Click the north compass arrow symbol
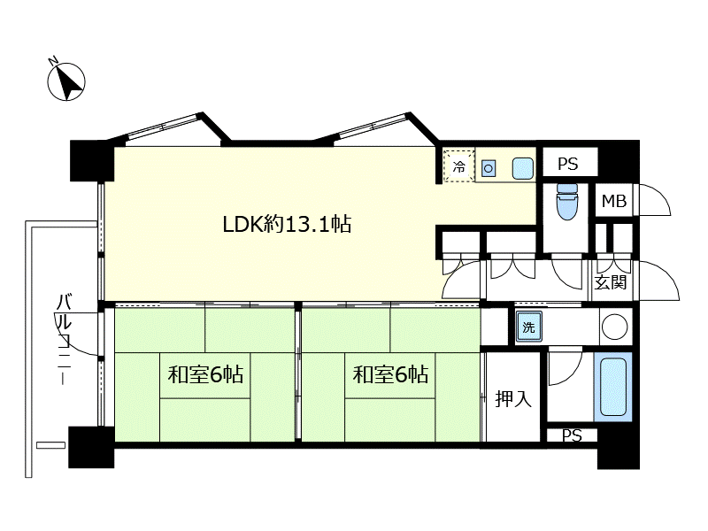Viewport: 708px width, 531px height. tap(66, 81)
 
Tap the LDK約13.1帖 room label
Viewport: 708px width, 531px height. tap(287, 224)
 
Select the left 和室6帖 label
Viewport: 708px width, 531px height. tap(205, 374)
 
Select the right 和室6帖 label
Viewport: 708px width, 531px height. tap(390, 374)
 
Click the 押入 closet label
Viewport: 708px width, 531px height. tap(513, 399)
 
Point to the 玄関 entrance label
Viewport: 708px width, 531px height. tap(611, 282)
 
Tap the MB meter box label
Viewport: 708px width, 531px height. tap(614, 201)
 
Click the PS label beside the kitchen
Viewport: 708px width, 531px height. tap(568, 164)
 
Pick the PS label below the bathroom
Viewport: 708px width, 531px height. tap(572, 435)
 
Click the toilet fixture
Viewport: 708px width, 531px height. tap(567, 202)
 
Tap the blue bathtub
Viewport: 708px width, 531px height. tap(612, 387)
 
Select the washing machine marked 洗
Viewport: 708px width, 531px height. tap(528, 327)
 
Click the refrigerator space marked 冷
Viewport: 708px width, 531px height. tap(458, 166)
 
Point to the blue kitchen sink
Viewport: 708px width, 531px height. tap(523, 168)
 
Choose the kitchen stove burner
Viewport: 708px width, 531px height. tap(489, 169)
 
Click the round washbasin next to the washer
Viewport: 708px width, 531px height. tap(614, 326)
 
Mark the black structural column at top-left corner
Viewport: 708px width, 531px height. tap(92, 161)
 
